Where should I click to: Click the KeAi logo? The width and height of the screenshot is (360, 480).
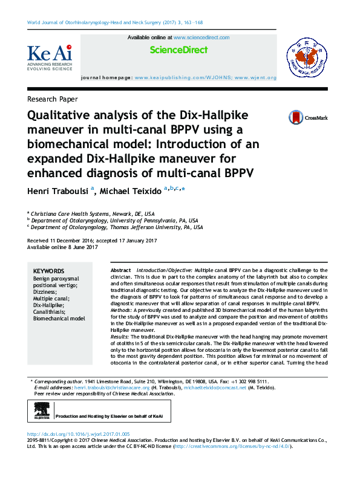[x=50, y=57]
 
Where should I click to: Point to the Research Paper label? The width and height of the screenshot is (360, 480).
[x=53, y=99]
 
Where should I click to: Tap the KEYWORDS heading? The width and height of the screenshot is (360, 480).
[x=48, y=271]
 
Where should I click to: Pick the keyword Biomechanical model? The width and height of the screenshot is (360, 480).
[x=59, y=318]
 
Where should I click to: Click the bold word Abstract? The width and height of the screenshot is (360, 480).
[x=121, y=270]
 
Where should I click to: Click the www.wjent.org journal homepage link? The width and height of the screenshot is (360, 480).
[x=255, y=78]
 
